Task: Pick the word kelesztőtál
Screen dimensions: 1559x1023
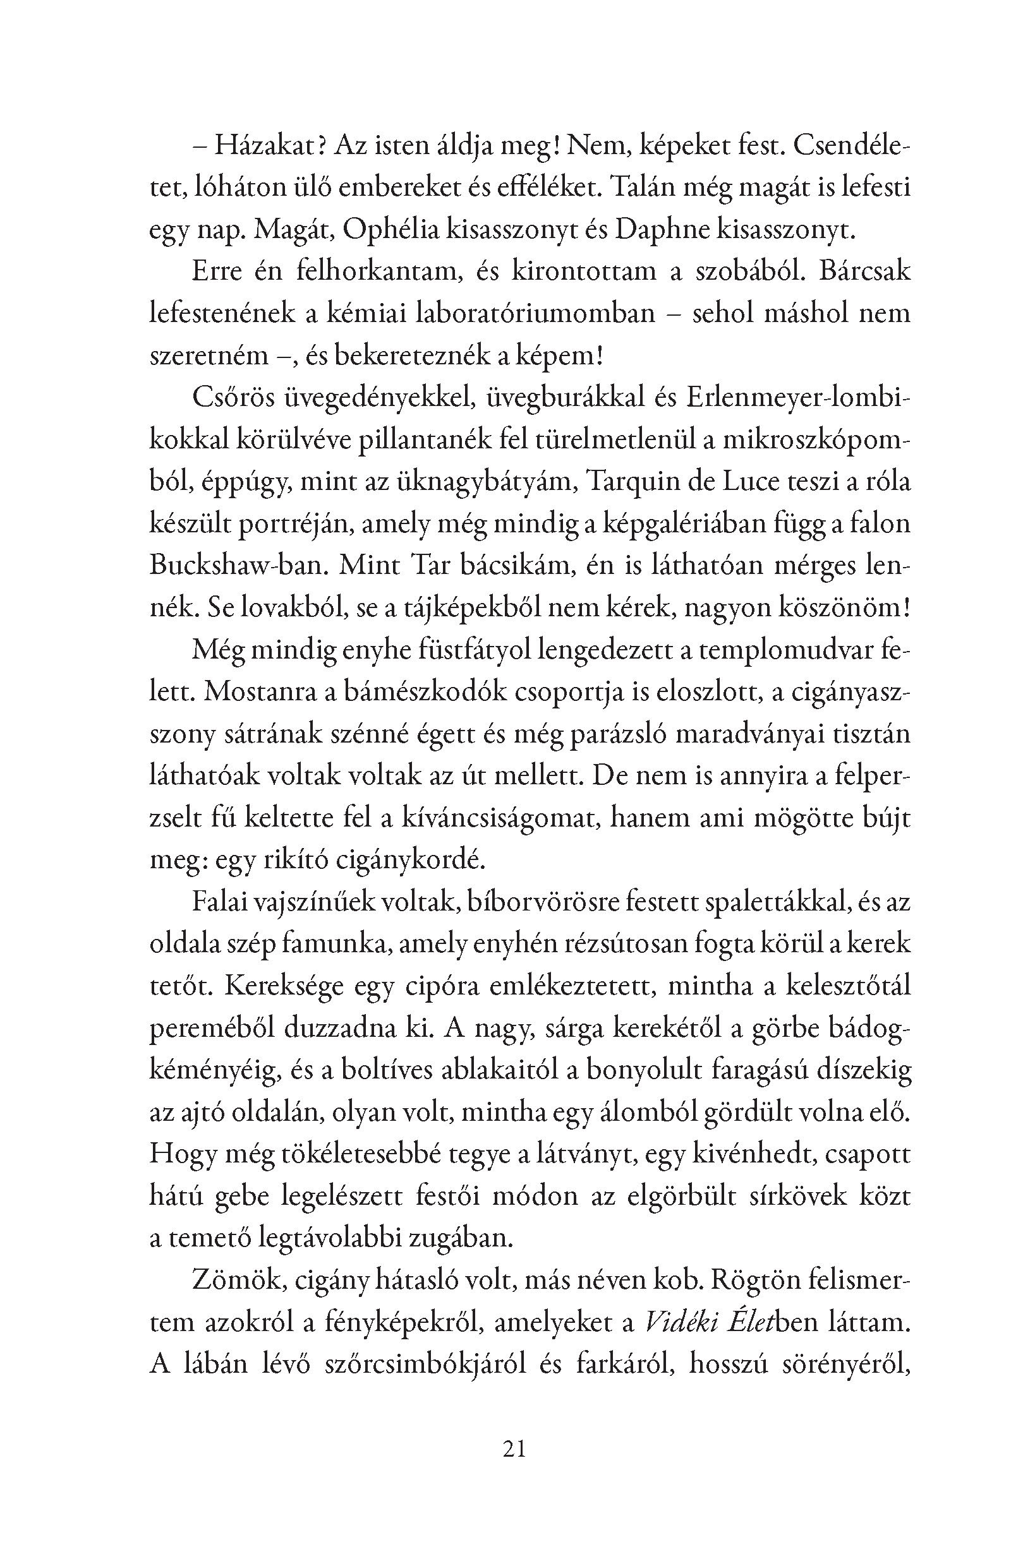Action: pos(842,985)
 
